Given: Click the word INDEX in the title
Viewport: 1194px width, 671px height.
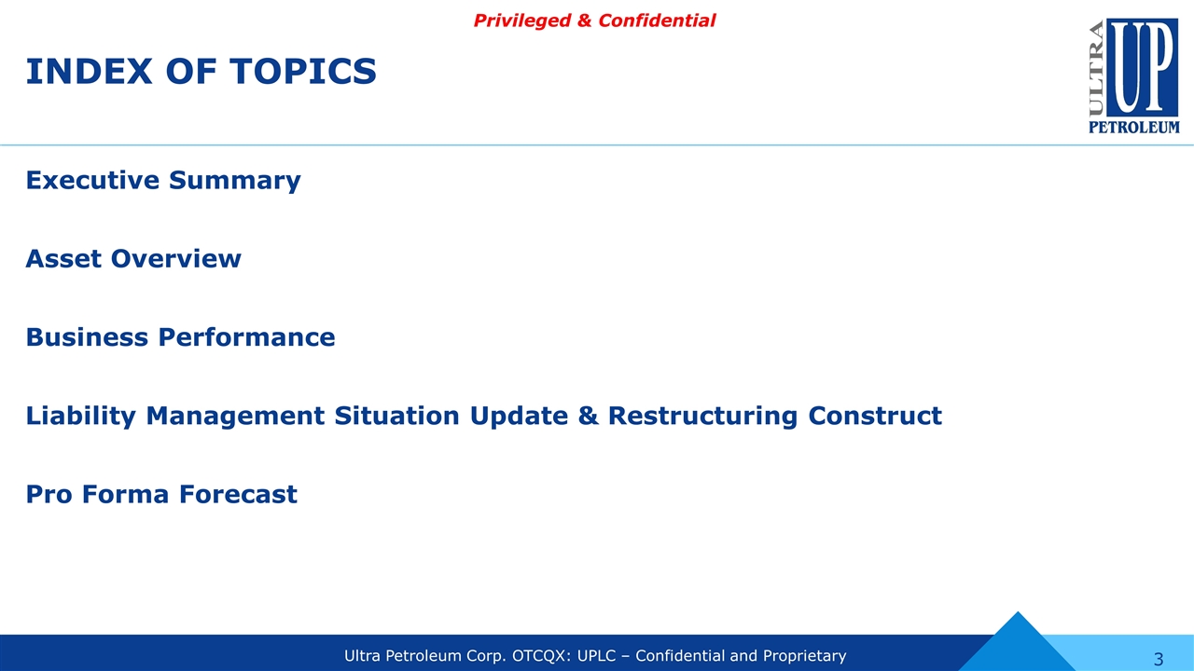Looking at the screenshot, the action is pos(89,72).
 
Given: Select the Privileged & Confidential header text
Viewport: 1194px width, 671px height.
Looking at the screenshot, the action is pos(594,21).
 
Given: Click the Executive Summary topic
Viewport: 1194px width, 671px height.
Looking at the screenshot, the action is pos(163,180).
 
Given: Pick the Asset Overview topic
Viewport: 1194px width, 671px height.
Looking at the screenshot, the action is pos(133,258).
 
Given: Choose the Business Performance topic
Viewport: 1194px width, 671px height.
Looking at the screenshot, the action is pos(180,337).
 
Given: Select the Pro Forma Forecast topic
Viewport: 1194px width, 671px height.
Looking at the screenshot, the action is pos(161,494).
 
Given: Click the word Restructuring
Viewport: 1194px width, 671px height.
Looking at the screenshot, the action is pos(702,416).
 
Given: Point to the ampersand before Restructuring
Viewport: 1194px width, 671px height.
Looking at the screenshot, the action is pos(588,416).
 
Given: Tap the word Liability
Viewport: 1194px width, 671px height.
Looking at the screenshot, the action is pos(80,416).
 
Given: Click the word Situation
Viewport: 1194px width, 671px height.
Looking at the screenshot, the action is pos(396,416).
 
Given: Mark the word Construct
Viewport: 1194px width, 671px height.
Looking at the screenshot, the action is pos(875,416).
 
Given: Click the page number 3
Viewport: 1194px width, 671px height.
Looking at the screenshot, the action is pos(1159,659).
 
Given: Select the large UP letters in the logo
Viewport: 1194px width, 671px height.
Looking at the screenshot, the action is pos(1143,67).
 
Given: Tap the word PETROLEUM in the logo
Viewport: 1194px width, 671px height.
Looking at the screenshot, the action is pos(1134,127).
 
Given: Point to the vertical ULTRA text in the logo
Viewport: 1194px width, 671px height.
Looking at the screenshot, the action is pos(1096,68).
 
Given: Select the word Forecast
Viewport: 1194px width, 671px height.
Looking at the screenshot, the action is pos(238,494).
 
